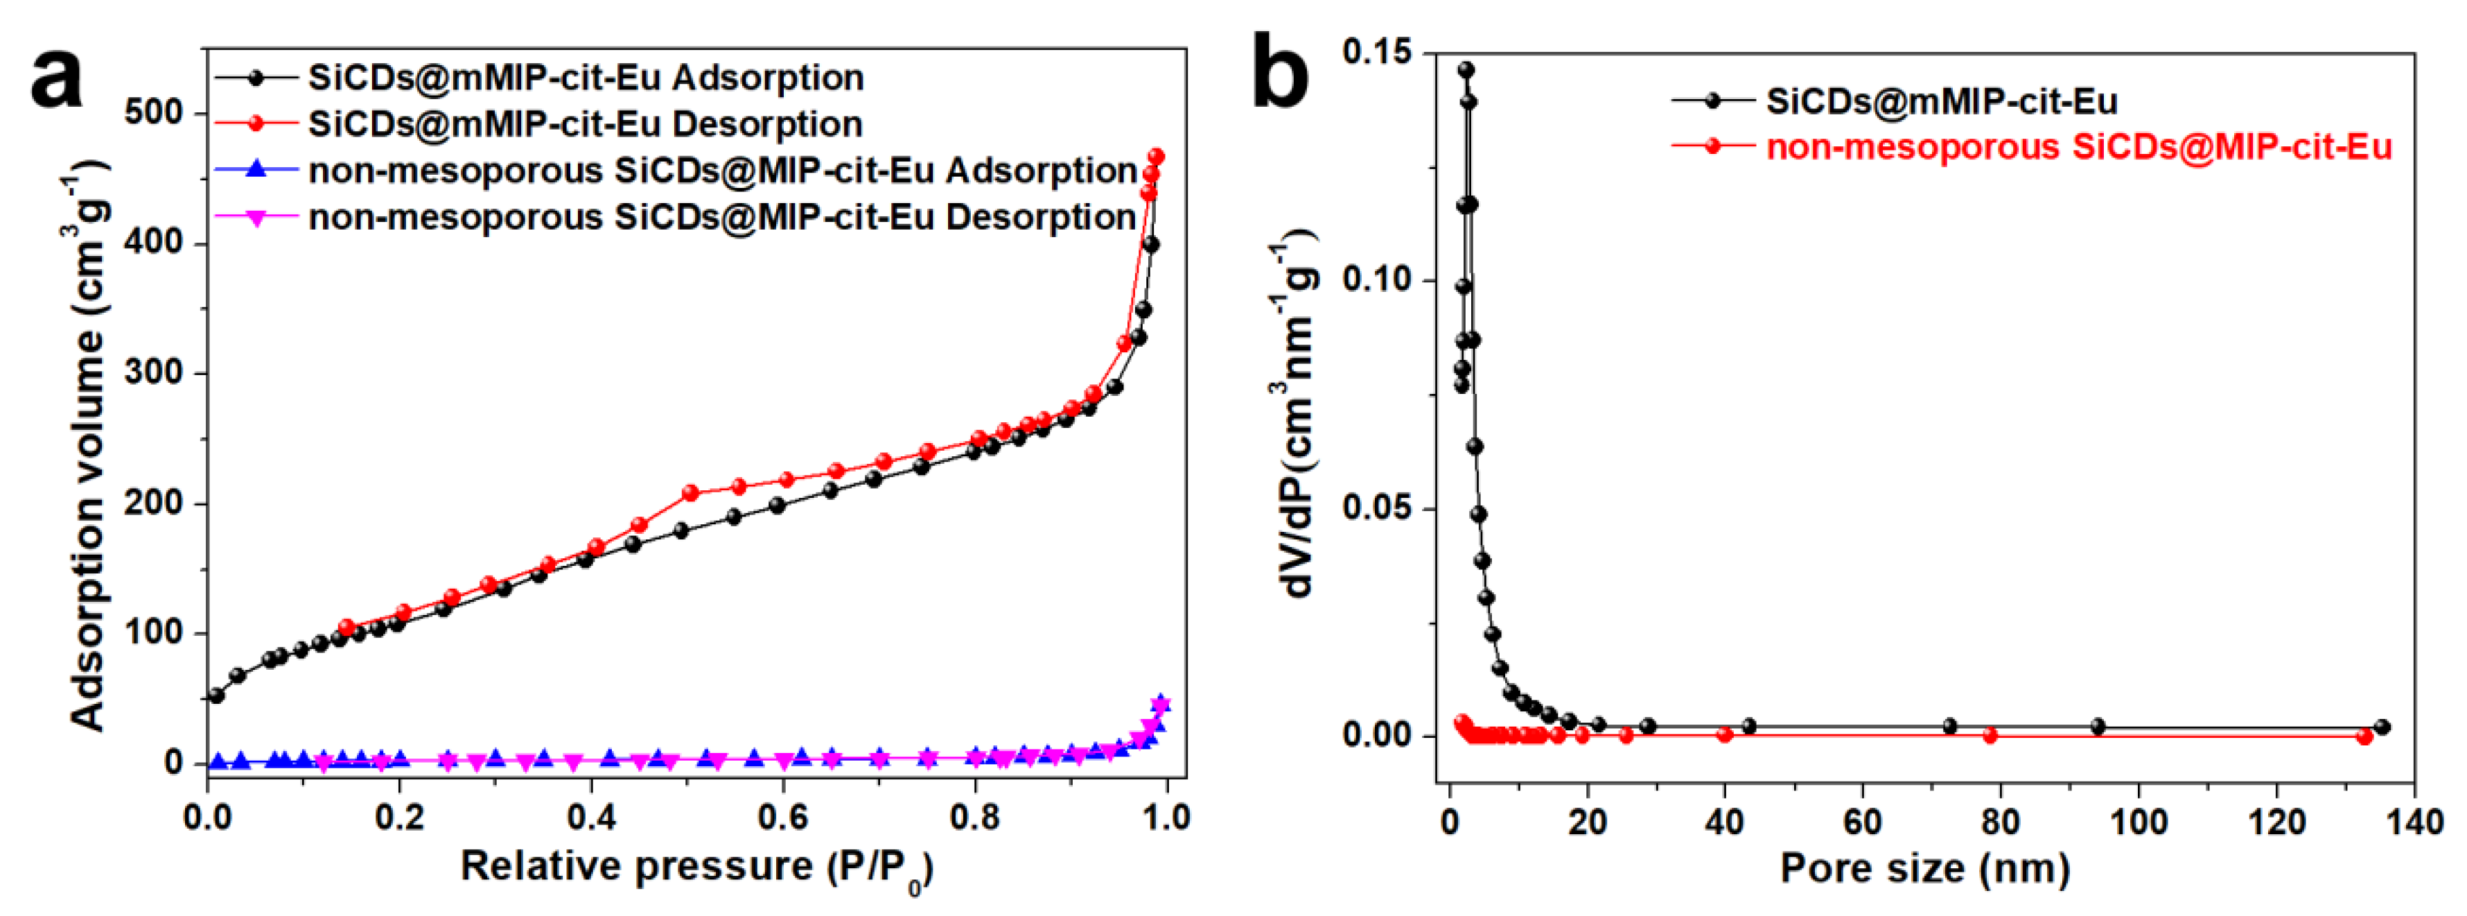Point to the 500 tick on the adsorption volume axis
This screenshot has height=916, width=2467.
point(153,113)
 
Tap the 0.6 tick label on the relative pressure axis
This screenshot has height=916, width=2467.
point(782,818)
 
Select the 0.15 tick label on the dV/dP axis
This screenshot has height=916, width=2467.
point(1376,52)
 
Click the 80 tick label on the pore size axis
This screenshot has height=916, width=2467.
point(2000,821)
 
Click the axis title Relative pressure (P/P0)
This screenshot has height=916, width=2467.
point(696,867)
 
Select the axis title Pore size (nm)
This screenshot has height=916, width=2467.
point(1925,868)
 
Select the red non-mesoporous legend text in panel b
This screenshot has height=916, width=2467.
point(2078,146)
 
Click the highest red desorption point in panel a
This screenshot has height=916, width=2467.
point(1156,156)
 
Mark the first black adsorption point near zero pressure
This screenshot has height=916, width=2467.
point(216,695)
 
